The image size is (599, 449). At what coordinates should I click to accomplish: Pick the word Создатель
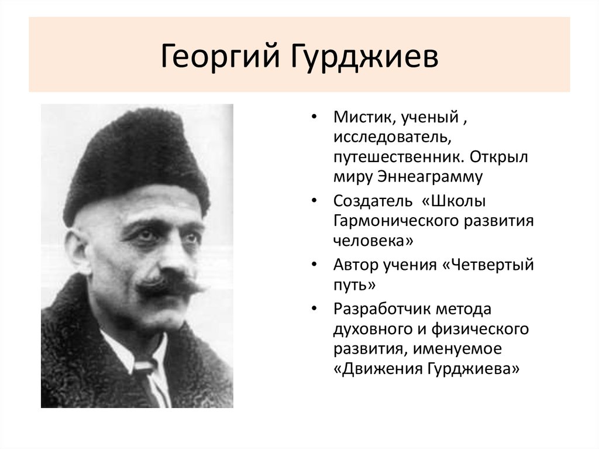tap(373, 201)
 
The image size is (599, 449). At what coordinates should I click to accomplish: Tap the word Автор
tap(354, 264)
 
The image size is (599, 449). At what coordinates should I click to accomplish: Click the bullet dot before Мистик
tap(315, 118)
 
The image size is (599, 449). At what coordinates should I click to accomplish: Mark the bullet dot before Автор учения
tap(315, 265)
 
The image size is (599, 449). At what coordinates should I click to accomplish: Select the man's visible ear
tap(77, 249)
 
